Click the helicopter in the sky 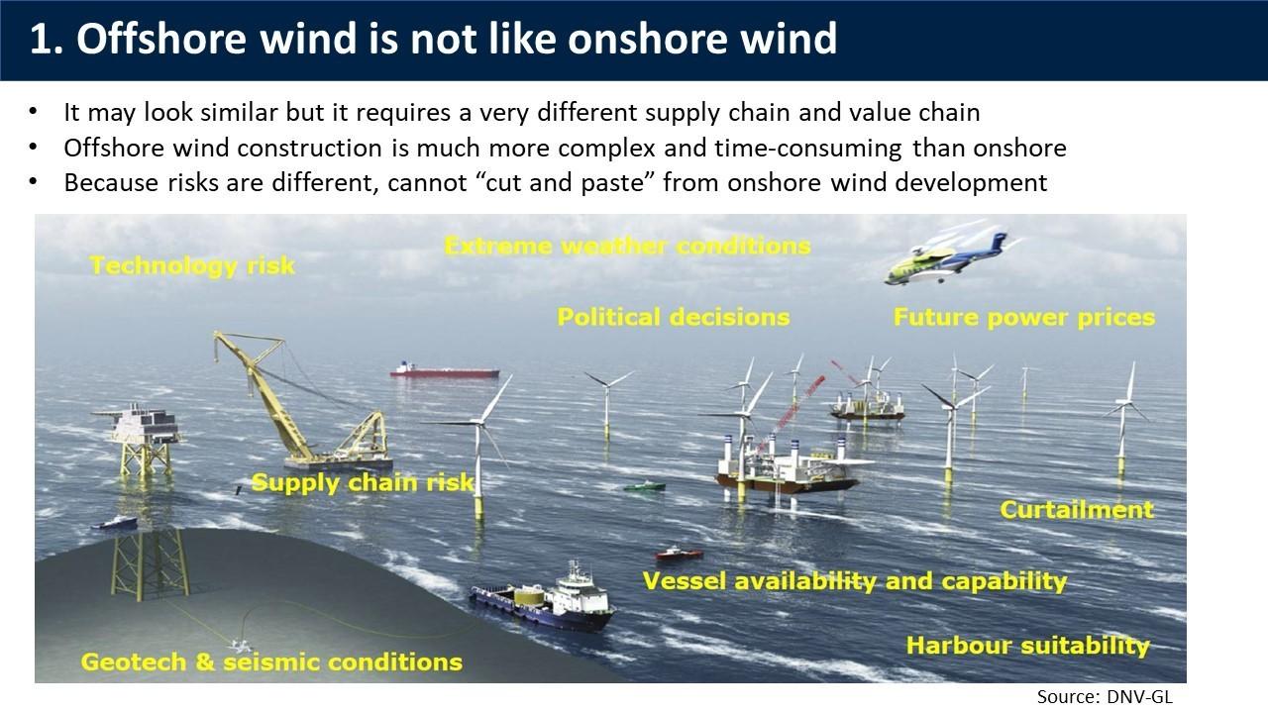coord(946,258)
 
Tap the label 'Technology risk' coord(192,266)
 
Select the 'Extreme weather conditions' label coord(627,247)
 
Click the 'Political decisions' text coord(673,317)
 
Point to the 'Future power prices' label coord(1024,318)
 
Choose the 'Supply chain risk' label coord(363,482)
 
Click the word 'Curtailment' coord(1077,510)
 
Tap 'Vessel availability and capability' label coord(855,581)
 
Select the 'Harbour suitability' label coord(1028,646)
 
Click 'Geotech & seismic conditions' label coord(271,662)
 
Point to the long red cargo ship coord(445,370)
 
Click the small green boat coord(644,486)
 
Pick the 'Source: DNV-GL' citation coord(1105,697)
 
